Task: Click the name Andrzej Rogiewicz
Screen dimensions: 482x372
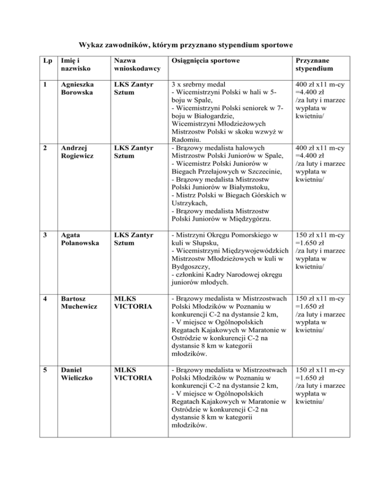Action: click(75, 148)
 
